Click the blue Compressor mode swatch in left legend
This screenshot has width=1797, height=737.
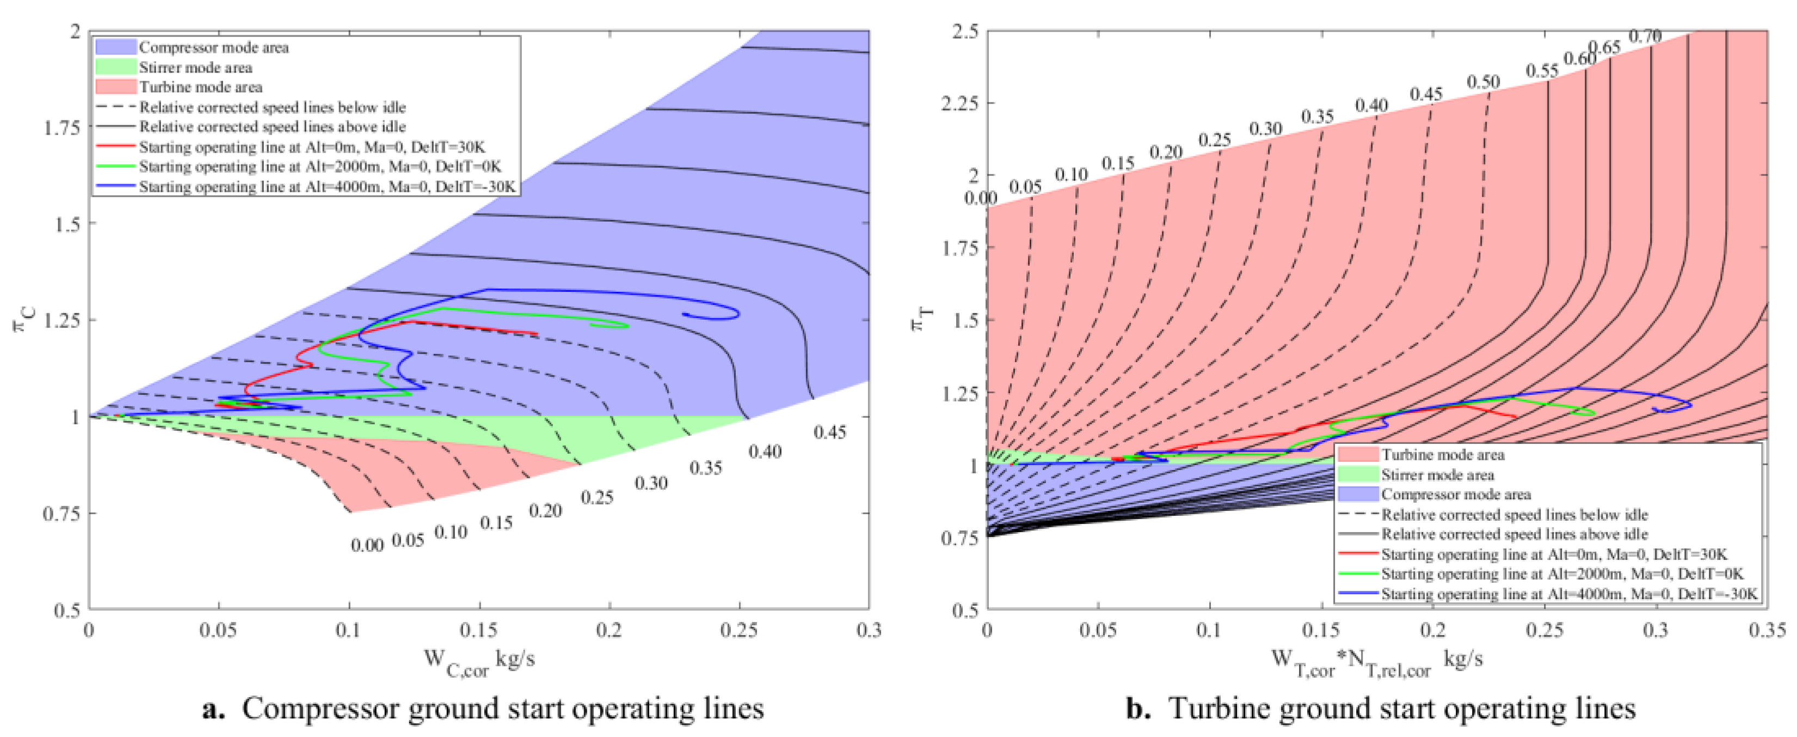[x=116, y=47]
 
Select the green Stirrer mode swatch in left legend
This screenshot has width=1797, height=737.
[x=116, y=67]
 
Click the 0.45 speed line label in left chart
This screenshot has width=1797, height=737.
[x=829, y=433]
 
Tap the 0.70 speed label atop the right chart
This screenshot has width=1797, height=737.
[x=1645, y=36]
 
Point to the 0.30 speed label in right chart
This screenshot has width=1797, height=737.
[x=1265, y=129]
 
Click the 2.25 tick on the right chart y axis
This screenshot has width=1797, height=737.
[x=959, y=103]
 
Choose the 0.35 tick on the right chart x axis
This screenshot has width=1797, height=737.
[x=1767, y=630]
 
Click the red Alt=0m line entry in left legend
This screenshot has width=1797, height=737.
[x=311, y=147]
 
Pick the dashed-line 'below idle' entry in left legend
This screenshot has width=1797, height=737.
[x=272, y=107]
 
